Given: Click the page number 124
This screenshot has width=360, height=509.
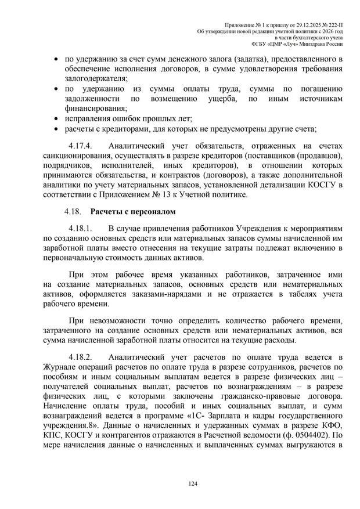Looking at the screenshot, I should point(179,483).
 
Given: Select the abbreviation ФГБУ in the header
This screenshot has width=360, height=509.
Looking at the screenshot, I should point(260,42).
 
